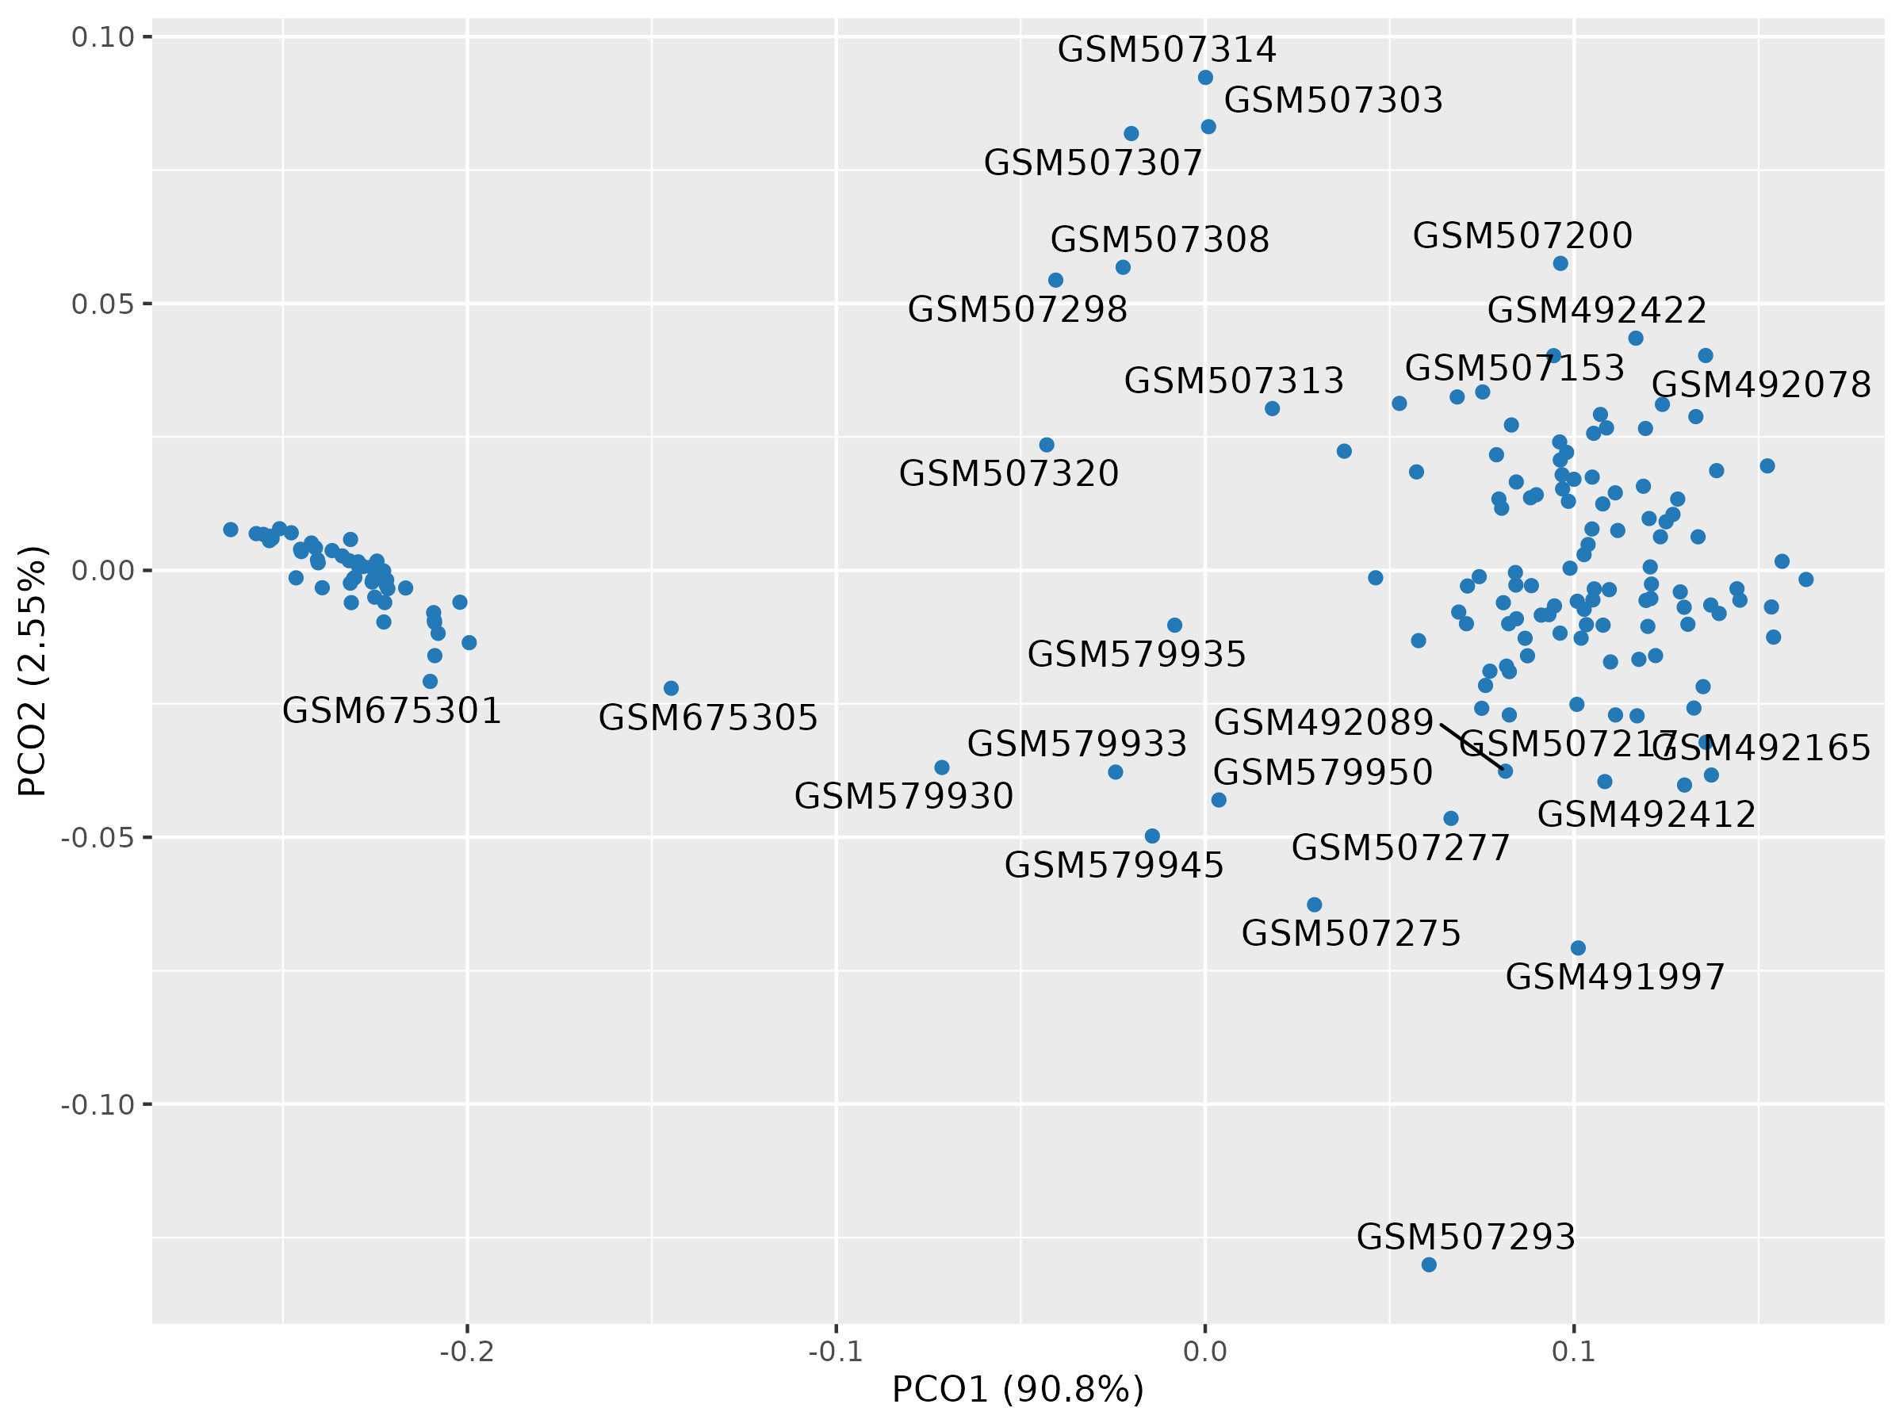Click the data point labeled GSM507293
coord(1429,1264)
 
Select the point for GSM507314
coord(1205,78)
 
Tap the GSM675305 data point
coord(671,688)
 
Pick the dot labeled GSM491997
coord(1578,948)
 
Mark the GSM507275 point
coord(1315,905)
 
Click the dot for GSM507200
coord(1560,263)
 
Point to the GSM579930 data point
coord(942,767)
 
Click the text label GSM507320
coord(1009,474)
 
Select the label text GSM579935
coord(1136,655)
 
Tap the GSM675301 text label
coord(392,711)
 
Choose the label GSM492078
coord(1761,384)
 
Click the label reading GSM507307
coord(1093,163)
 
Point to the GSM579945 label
coord(1113,866)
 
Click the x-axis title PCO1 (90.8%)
coord(1018,1389)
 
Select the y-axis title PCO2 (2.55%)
coord(33,671)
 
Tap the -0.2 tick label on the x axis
coord(466,1352)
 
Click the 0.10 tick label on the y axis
coord(103,37)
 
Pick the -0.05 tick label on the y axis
coord(98,838)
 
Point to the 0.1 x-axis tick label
coord(1573,1352)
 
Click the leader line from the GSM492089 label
coord(1472,747)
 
